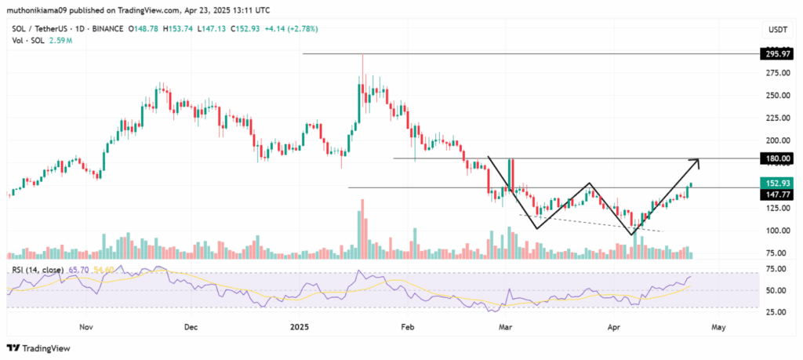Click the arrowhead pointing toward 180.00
pos(694,161)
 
